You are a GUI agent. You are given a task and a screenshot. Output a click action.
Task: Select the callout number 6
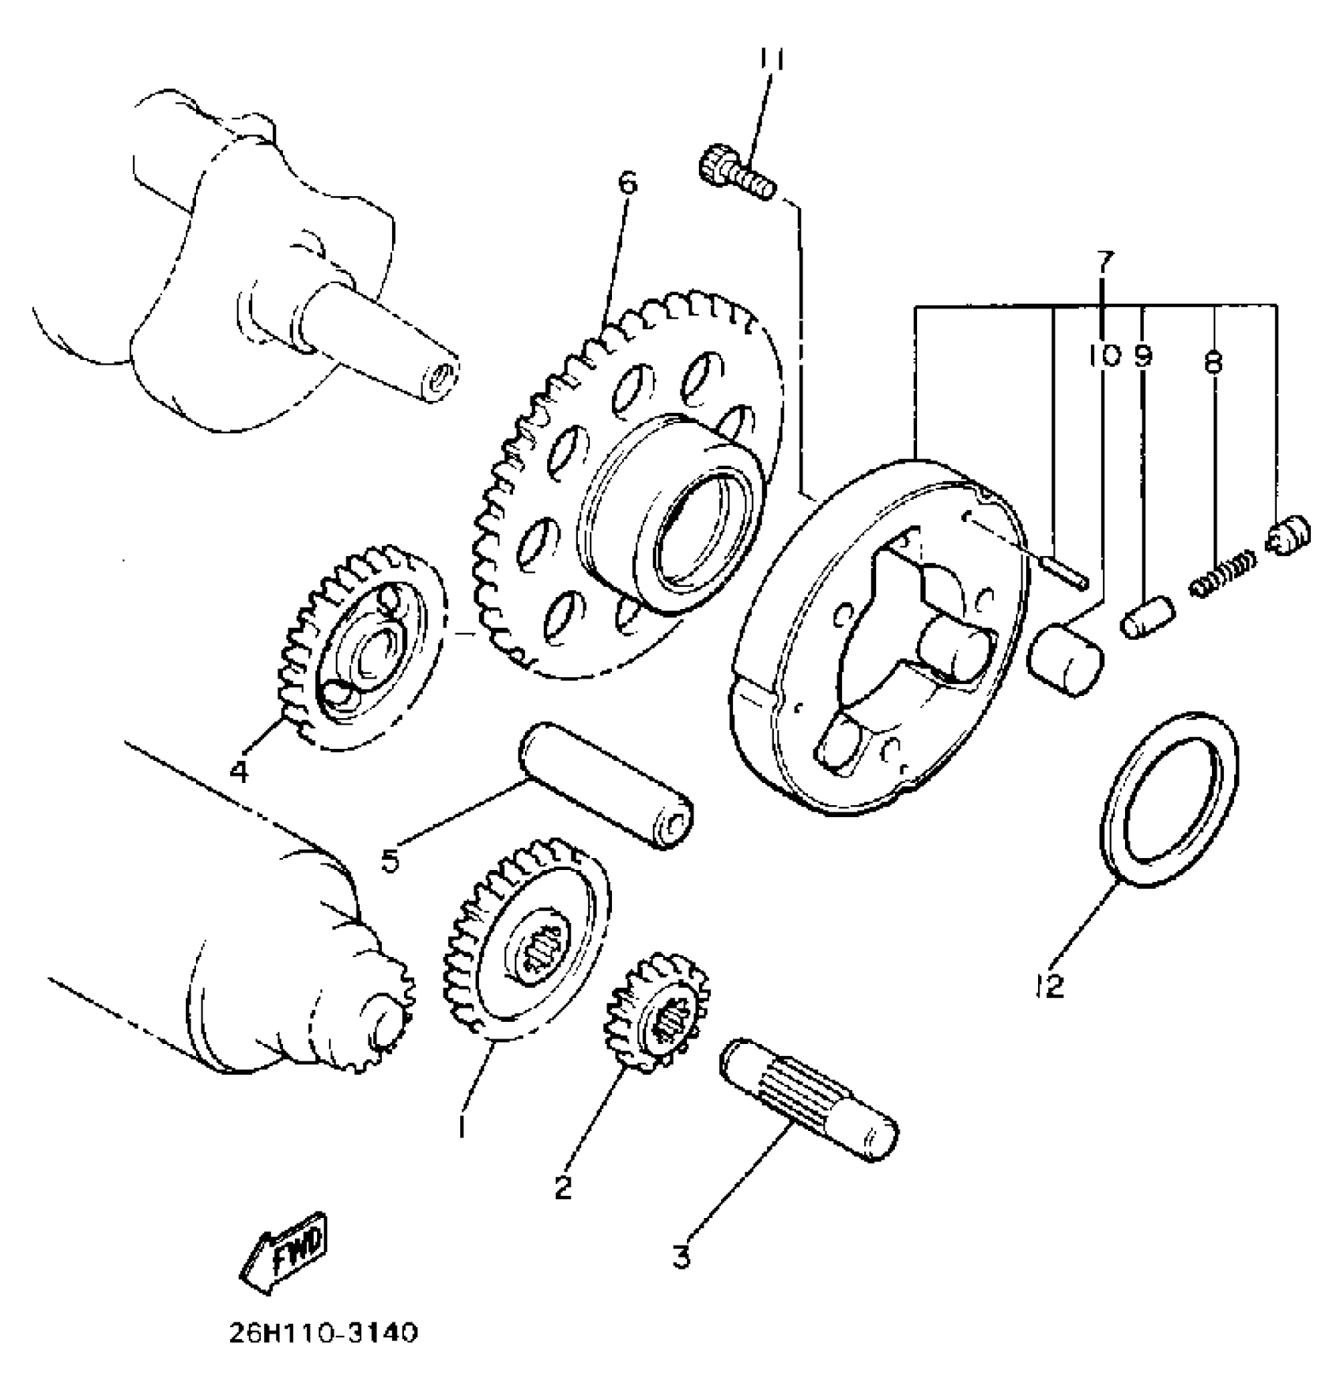(x=627, y=183)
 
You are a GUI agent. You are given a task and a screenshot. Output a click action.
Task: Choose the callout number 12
(x=1051, y=985)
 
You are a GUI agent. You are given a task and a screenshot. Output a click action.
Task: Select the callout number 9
(x=1143, y=357)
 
